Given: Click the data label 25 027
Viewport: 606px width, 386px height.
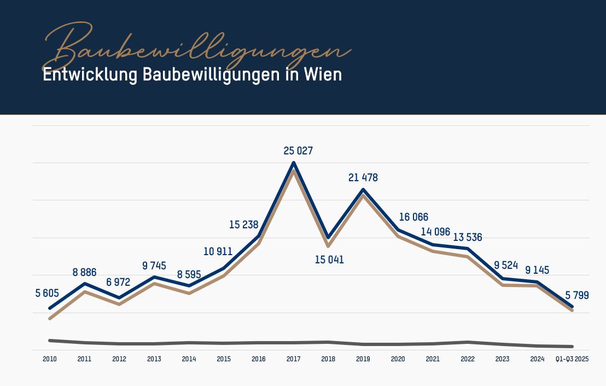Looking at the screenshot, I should pyautogui.click(x=298, y=151).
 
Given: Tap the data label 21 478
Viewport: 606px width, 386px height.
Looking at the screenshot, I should pyautogui.click(x=363, y=178).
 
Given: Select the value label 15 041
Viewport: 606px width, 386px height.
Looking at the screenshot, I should pyautogui.click(x=329, y=260).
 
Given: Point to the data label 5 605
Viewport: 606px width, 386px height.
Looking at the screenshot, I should pyautogui.click(x=47, y=293).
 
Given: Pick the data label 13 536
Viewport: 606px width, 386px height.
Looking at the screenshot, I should pyautogui.click(x=468, y=237).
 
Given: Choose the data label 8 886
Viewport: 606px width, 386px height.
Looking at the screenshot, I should pyautogui.click(x=84, y=272).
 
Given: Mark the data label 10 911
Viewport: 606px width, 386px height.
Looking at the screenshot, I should pyautogui.click(x=218, y=252).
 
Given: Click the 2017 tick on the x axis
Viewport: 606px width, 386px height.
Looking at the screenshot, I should pyautogui.click(x=293, y=359).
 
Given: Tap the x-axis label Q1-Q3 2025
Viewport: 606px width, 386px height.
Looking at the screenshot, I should pyautogui.click(x=572, y=359).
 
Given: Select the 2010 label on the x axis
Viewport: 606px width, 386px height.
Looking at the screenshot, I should pyautogui.click(x=50, y=359).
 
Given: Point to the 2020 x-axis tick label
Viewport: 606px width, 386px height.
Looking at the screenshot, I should pyautogui.click(x=398, y=359).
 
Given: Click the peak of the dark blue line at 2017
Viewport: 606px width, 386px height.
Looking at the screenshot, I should pyautogui.click(x=294, y=163).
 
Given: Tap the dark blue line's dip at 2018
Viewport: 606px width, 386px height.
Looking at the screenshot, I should pyautogui.click(x=328, y=238).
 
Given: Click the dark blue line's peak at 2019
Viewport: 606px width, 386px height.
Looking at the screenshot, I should pyautogui.click(x=363, y=190).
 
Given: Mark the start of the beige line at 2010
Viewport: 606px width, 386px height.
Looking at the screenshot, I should pyautogui.click(x=50, y=318).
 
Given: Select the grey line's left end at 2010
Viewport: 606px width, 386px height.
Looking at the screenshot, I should pyautogui.click(x=50, y=341).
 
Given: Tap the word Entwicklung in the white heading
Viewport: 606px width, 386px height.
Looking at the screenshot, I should pyautogui.click(x=90, y=74).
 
